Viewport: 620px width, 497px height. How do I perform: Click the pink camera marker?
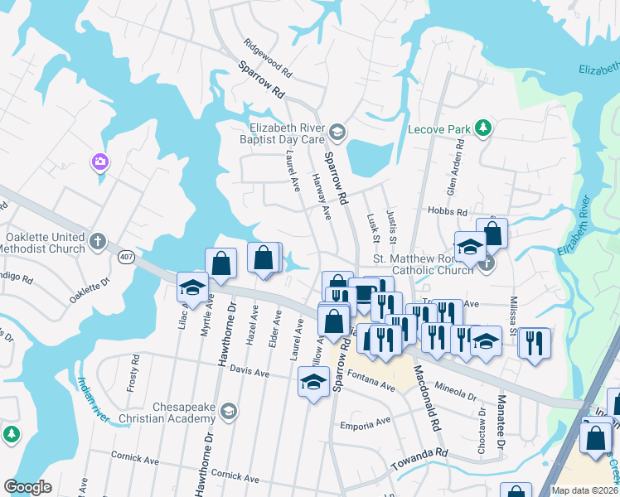pos(100,161)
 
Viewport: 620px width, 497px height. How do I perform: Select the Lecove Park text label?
pos(439,129)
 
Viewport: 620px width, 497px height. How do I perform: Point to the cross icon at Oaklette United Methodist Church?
pos(98,242)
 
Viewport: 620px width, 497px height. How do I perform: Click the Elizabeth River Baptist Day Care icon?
pos(337,132)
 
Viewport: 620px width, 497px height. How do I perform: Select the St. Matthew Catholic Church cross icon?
pos(487,265)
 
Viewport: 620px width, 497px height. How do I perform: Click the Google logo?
pos(27,486)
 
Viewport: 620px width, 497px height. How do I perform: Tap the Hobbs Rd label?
pos(443,213)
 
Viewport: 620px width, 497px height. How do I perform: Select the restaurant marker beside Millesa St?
pos(535,341)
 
